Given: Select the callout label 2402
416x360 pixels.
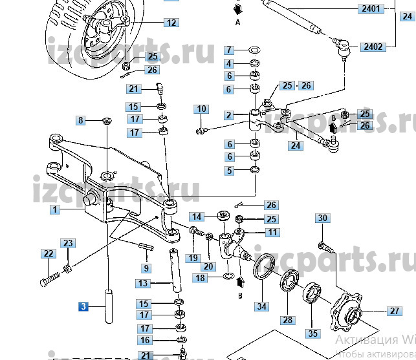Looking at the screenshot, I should pyautogui.click(x=373, y=47).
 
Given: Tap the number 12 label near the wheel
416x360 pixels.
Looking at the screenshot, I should pyautogui.click(x=171, y=23).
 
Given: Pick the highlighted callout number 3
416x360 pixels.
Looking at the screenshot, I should pyautogui.click(x=83, y=307).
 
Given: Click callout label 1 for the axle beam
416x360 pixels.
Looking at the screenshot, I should pyautogui.click(x=56, y=210).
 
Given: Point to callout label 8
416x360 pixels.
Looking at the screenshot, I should pyautogui.click(x=81, y=120).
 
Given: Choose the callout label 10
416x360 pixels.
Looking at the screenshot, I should pyautogui.click(x=201, y=109).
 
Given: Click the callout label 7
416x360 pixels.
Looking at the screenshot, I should pyautogui.click(x=229, y=50).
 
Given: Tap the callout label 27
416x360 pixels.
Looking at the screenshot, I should pyautogui.click(x=395, y=311).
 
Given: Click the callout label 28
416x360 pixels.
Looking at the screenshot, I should pyautogui.click(x=287, y=320).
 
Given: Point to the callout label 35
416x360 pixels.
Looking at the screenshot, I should pyautogui.click(x=313, y=334).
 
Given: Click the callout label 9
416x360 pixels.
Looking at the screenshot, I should pyautogui.click(x=146, y=268).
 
